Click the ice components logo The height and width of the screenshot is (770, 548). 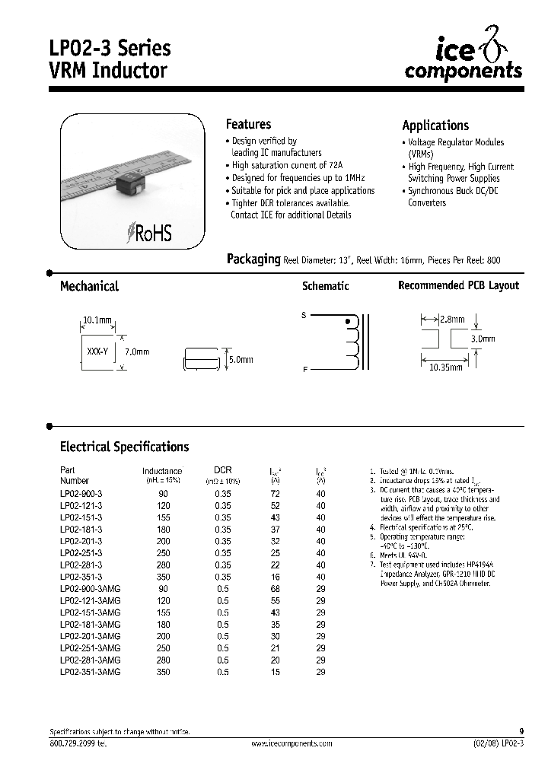(x=463, y=60)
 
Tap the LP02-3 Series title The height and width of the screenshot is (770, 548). (x=116, y=48)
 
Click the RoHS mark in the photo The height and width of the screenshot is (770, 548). (x=150, y=233)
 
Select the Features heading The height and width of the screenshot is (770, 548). (x=248, y=124)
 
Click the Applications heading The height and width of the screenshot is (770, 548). (x=435, y=126)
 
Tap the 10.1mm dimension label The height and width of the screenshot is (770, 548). (x=97, y=320)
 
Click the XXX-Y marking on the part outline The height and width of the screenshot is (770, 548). (x=96, y=352)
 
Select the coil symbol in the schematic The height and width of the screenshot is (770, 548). (x=351, y=342)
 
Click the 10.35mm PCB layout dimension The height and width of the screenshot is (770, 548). (x=446, y=367)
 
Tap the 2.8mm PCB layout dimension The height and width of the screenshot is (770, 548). (x=451, y=321)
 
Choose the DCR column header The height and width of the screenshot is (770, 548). (x=222, y=470)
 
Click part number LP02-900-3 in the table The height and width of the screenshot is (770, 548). (x=81, y=494)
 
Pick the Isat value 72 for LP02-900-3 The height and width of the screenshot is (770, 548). (x=276, y=494)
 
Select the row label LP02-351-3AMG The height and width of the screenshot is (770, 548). (x=90, y=672)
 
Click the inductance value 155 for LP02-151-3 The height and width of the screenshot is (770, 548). (x=163, y=517)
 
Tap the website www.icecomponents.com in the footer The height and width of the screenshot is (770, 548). (x=292, y=743)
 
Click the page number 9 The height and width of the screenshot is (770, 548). (x=521, y=731)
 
